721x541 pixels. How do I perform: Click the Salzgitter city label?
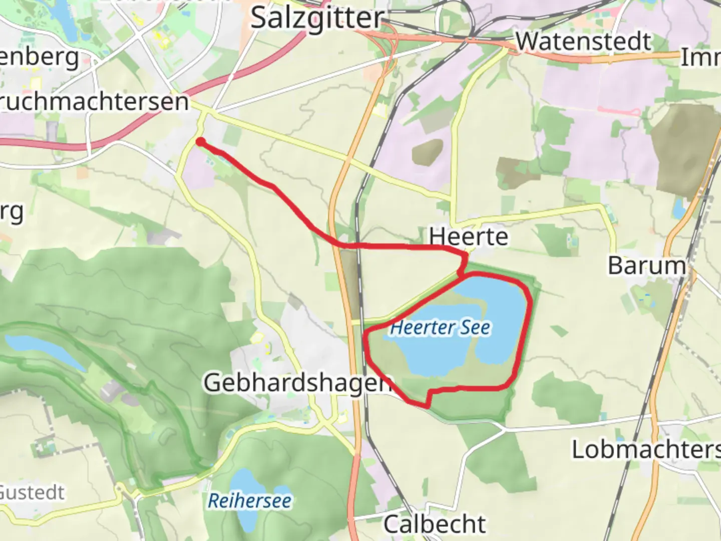(316, 19)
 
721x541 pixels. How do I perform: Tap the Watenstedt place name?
(583, 42)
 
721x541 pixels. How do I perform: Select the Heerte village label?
(469, 236)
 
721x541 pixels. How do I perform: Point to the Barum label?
(646, 265)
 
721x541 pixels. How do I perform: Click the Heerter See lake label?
(440, 328)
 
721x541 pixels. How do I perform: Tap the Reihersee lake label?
(249, 500)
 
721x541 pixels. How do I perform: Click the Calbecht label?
(435, 524)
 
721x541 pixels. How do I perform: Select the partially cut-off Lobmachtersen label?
(646, 449)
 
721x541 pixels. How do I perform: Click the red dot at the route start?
(200, 142)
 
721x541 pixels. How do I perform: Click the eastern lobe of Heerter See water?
(501, 321)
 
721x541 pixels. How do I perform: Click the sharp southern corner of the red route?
(427, 406)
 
